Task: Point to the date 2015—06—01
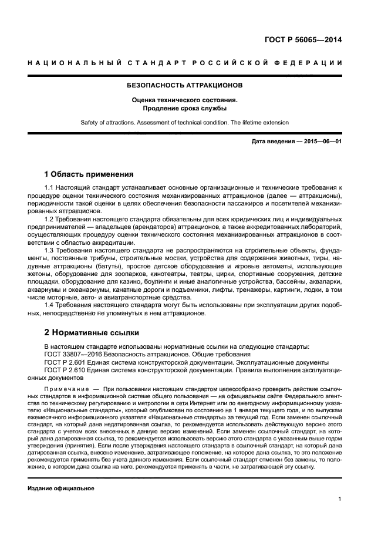(x=319, y=142)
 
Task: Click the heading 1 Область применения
(x=89, y=174)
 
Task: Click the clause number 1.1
(x=50, y=187)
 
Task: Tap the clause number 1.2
(x=50, y=219)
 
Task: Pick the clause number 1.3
(x=50, y=250)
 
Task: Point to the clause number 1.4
(x=50, y=305)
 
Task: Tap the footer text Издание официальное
(x=61, y=488)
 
